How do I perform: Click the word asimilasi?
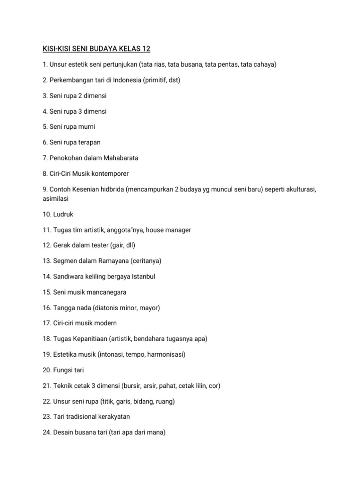tap(56, 198)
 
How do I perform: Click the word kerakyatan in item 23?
tap(112, 417)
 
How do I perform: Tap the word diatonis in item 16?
tap(108, 307)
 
